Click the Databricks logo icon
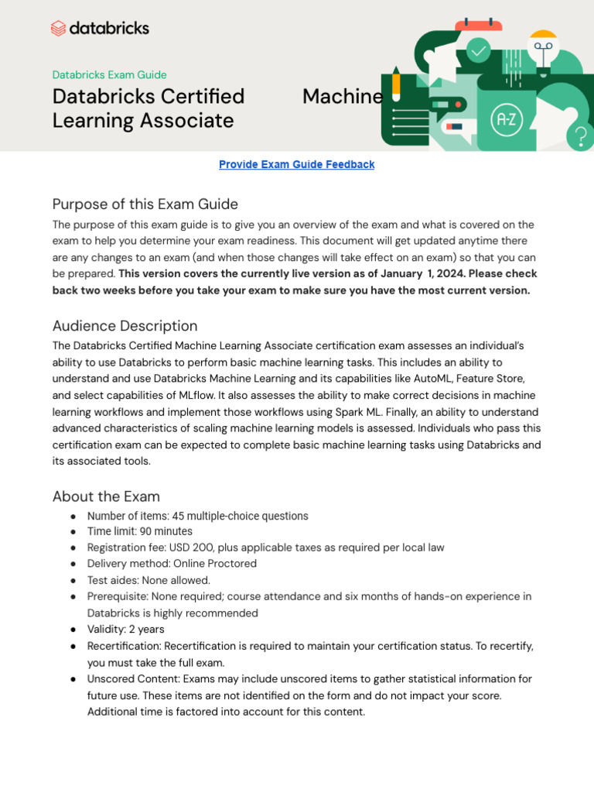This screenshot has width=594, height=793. click(x=59, y=29)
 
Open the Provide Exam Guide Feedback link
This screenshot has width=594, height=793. click(x=296, y=164)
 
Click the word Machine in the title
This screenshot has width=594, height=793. click(x=342, y=97)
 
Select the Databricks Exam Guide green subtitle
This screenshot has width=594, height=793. click(x=109, y=75)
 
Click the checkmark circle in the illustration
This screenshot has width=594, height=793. click(x=479, y=51)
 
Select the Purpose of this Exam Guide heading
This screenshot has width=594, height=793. click(x=145, y=204)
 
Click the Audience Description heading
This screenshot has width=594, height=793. click(x=125, y=325)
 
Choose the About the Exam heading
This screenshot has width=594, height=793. click(x=106, y=496)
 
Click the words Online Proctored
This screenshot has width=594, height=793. click(x=215, y=564)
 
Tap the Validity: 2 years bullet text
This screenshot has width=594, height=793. click(x=125, y=629)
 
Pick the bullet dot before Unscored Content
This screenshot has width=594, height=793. click(x=73, y=678)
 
